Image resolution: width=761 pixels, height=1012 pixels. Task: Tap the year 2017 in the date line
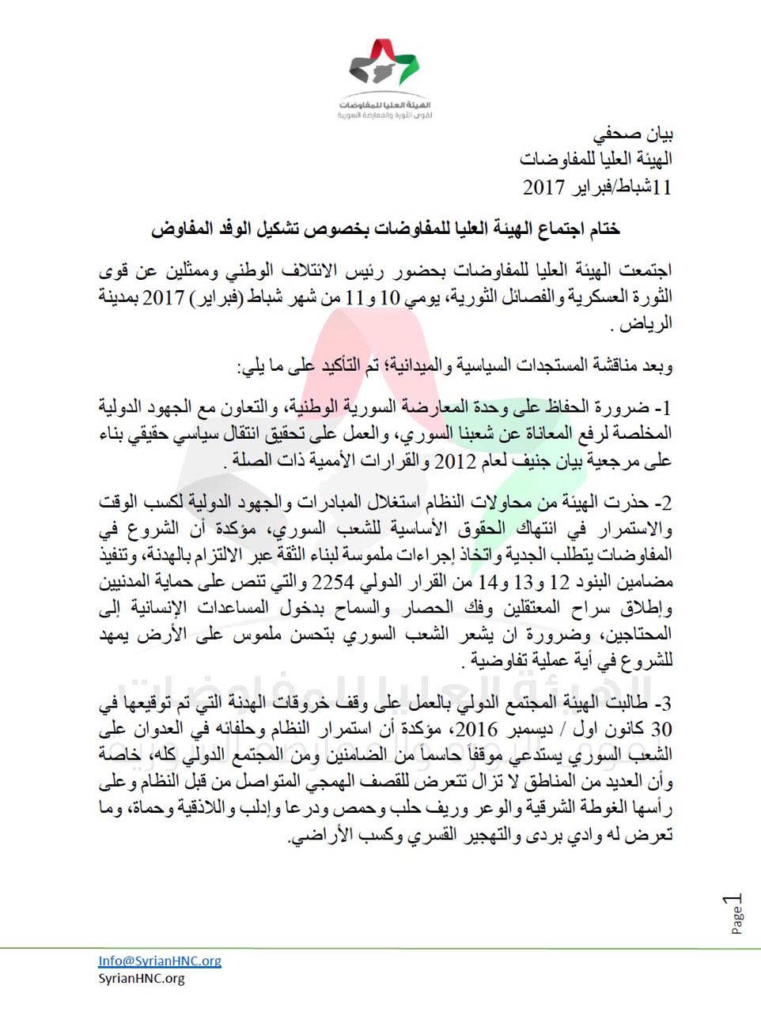[x=543, y=187]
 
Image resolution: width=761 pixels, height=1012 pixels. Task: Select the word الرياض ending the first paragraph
[x=646, y=323]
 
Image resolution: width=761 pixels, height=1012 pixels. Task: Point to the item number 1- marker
[x=662, y=408]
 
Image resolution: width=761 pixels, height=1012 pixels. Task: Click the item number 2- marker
[x=662, y=503]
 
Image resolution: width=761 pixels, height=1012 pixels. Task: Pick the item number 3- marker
[x=662, y=704]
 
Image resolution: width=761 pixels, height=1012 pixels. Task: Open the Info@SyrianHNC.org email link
[x=160, y=961]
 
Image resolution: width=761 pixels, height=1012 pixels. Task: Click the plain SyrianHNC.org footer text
[x=142, y=979]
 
